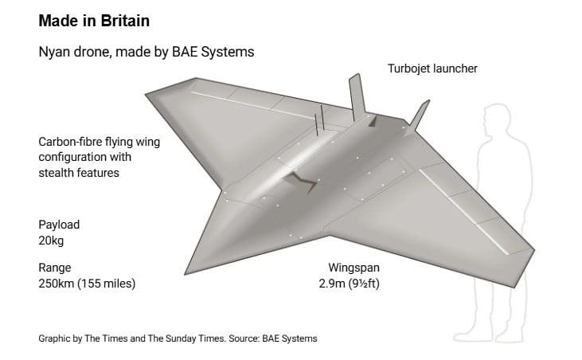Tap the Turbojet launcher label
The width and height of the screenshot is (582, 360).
click(432, 68)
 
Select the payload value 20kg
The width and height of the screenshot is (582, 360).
click(51, 241)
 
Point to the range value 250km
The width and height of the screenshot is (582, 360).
click(56, 284)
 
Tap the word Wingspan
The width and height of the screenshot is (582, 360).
click(353, 268)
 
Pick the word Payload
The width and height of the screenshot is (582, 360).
click(59, 225)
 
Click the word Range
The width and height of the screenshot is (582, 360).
click(55, 268)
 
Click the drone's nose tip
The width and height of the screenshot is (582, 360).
click(186, 274)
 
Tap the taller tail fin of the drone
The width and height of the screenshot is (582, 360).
click(357, 96)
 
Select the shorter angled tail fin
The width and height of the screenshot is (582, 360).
click(419, 115)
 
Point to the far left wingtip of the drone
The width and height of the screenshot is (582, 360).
click(146, 94)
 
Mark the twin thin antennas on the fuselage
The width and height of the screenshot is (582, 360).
click(319, 119)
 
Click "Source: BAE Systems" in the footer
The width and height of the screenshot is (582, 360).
click(273, 338)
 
